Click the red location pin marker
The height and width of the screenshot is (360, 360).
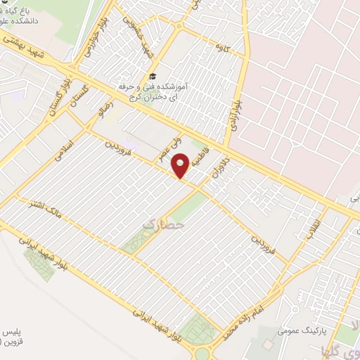(x=181, y=166)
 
